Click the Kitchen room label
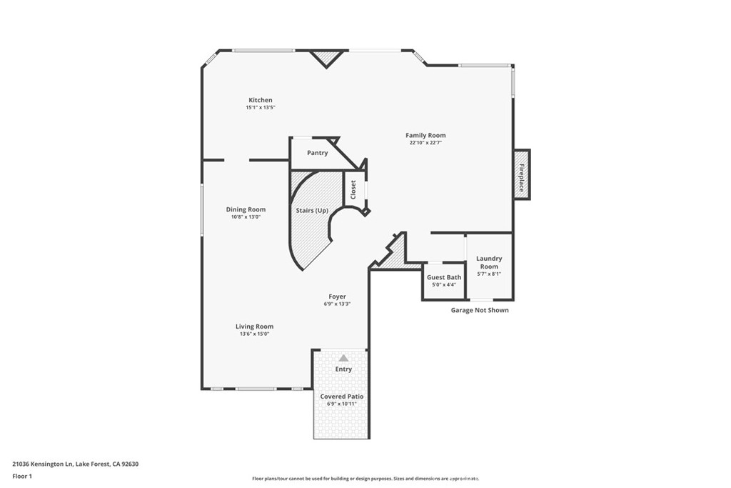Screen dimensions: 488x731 (x=260, y=100)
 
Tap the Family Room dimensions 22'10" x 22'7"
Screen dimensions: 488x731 (x=425, y=143)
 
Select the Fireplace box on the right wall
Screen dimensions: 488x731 (x=522, y=174)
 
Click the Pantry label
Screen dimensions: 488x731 (x=317, y=153)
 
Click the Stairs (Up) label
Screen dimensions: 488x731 (x=312, y=211)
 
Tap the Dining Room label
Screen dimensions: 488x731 (x=246, y=209)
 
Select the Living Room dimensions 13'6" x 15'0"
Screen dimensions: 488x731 (x=255, y=334)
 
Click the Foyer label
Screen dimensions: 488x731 (x=337, y=297)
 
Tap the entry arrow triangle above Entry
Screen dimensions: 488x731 (x=343, y=358)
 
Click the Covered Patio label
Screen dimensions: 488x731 (x=342, y=396)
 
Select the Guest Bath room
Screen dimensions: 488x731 (x=444, y=280)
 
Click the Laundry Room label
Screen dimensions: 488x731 (x=489, y=262)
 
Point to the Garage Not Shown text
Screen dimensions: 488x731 (x=480, y=310)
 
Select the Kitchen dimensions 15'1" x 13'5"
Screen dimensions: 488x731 (x=260, y=107)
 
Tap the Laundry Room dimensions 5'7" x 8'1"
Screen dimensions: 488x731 (x=489, y=274)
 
